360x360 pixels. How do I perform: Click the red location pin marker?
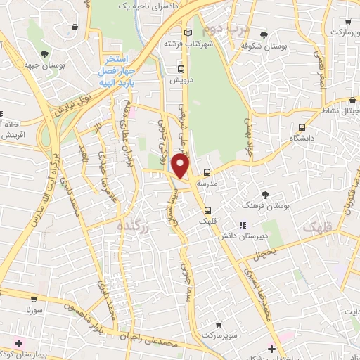tap(181, 167)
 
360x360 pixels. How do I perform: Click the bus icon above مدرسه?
tap(207, 172)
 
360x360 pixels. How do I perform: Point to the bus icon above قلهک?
tap(208, 210)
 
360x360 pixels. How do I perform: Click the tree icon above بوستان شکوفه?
tap(264, 35)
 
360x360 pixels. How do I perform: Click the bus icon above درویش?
tap(181, 70)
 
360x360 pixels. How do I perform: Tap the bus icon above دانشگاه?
tap(302, 128)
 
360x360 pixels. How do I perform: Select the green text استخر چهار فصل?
tap(117, 63)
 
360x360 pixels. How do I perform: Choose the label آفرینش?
tap(12, 133)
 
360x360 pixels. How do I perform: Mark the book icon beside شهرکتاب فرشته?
tap(187, 33)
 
